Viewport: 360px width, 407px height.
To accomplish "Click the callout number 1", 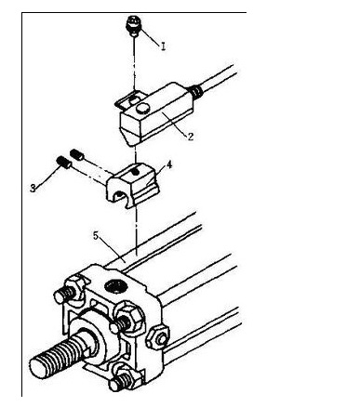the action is click(163, 46).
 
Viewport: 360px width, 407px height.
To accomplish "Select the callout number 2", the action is click(191, 137).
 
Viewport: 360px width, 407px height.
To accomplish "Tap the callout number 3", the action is click(33, 188).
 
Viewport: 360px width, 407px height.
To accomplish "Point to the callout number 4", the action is click(169, 165).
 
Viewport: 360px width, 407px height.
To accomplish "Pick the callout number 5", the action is click(96, 236).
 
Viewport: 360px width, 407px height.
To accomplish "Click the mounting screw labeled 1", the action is click(134, 26).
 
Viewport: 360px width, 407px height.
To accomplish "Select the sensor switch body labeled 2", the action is click(156, 114).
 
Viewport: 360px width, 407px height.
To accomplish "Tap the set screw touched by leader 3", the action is click(64, 163).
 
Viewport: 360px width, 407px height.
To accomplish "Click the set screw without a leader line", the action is click(76, 154).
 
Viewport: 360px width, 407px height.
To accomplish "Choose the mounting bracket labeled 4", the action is click(133, 185).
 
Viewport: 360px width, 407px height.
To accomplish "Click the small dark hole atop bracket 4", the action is click(134, 172).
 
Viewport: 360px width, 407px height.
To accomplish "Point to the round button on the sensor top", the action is click(142, 108).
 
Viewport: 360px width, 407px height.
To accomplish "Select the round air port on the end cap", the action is click(115, 285).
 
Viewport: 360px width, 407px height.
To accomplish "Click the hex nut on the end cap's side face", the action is click(158, 337).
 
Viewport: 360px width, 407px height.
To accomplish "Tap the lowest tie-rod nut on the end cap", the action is click(124, 378).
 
